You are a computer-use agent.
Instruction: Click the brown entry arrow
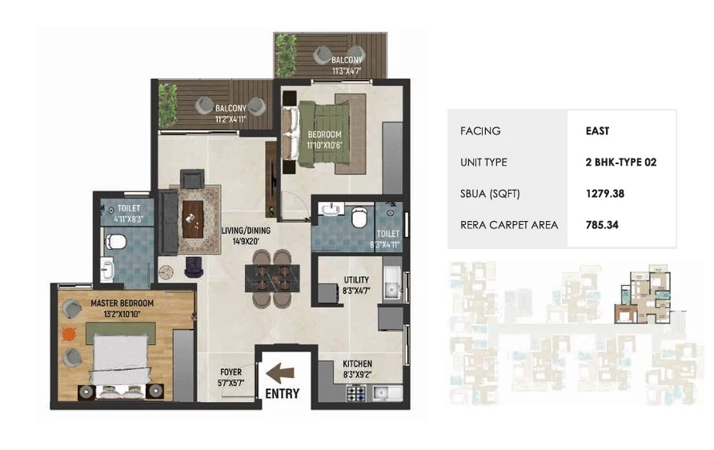click(280, 373)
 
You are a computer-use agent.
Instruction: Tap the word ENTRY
click(283, 393)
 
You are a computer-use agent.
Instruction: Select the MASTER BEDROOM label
click(122, 303)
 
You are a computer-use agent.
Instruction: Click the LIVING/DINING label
click(246, 231)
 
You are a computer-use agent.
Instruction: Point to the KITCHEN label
click(358, 364)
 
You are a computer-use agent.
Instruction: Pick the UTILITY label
click(356, 279)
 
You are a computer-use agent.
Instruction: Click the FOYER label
click(231, 372)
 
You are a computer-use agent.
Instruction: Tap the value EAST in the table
click(597, 131)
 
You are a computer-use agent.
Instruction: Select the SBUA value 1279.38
click(605, 194)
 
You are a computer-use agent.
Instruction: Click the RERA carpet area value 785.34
click(602, 225)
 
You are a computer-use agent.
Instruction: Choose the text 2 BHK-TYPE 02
click(621, 163)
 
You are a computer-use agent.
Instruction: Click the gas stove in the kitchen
click(356, 393)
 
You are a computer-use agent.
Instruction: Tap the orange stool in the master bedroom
click(68, 335)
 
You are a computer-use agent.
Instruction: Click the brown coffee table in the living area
click(193, 219)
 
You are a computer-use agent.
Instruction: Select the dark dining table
click(273, 279)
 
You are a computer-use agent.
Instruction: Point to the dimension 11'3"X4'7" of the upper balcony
click(347, 70)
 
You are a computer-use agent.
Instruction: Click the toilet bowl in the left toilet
click(115, 242)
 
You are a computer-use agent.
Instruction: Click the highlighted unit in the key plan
click(643, 297)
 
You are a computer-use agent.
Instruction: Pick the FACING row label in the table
click(480, 131)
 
